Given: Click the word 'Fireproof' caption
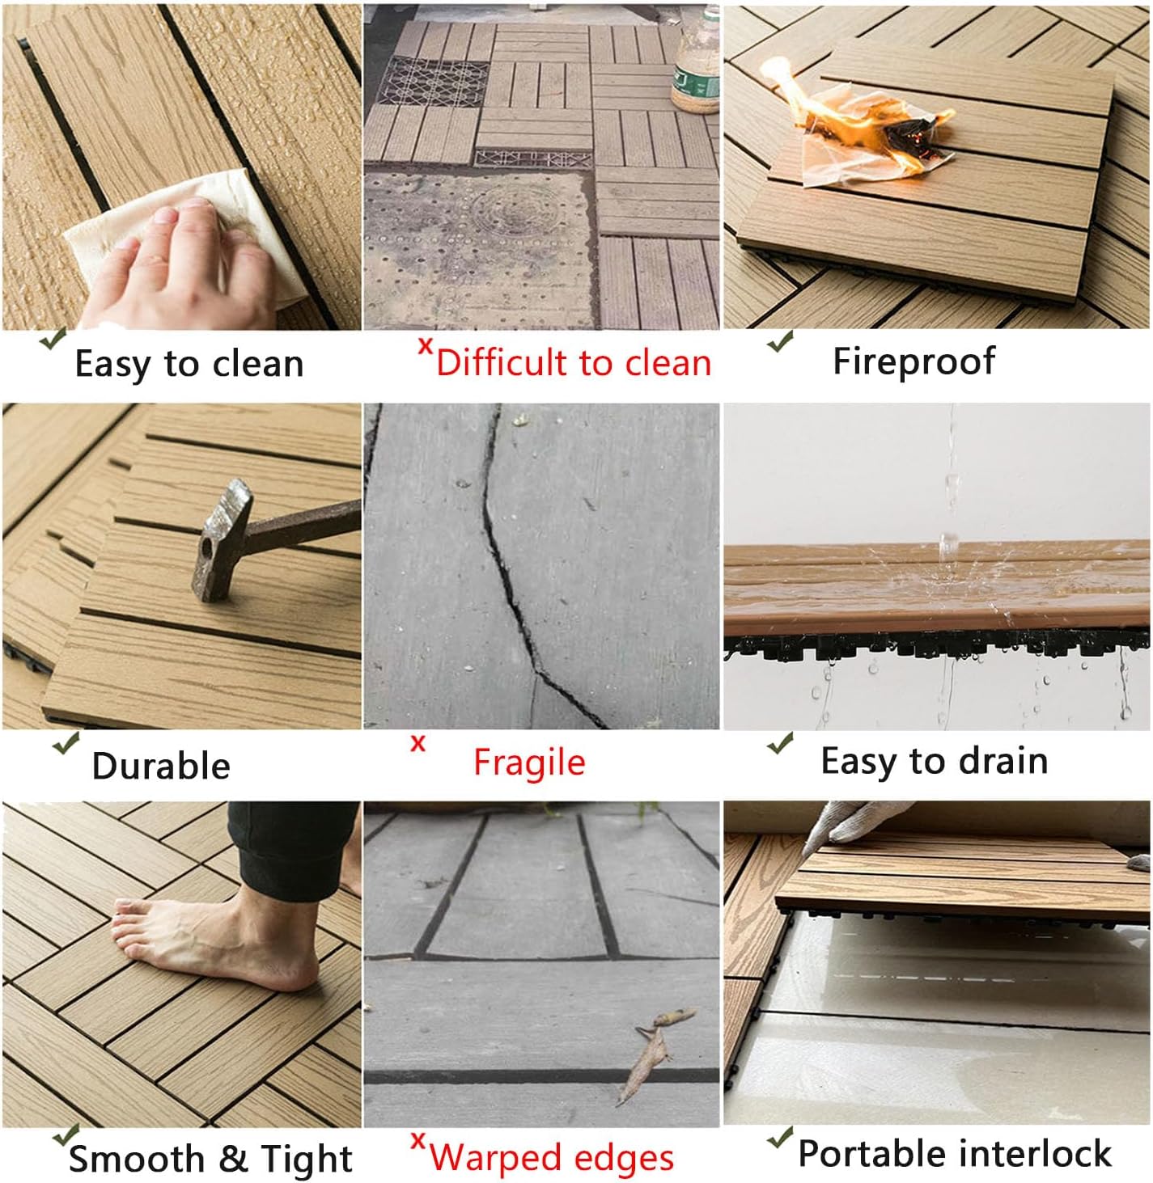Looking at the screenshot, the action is (913, 362).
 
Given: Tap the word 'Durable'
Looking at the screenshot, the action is (161, 766).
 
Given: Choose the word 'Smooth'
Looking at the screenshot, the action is (137, 1158).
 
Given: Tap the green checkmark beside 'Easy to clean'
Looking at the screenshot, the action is (53, 338).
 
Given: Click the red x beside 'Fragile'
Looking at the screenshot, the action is (418, 743).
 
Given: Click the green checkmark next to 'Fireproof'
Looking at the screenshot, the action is (780, 341).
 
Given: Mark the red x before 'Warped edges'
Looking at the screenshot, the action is (418, 1141).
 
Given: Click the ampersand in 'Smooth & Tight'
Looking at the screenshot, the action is (233, 1158).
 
